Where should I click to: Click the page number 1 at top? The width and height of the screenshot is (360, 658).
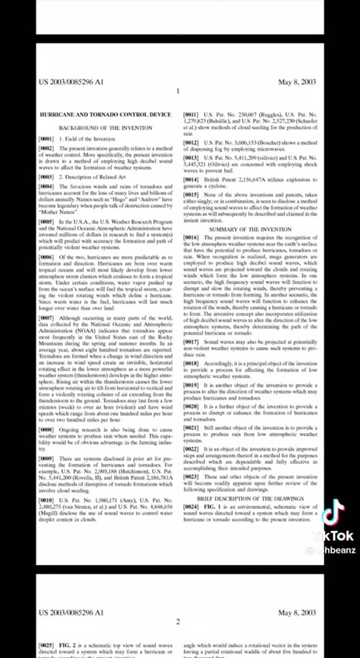click(x=178, y=92)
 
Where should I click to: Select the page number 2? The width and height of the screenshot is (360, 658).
click(x=178, y=622)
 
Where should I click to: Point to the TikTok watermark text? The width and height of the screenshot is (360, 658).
click(x=333, y=536)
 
